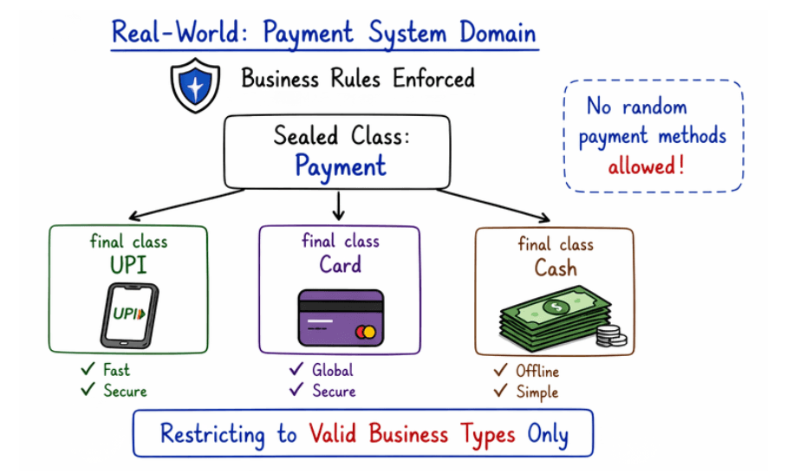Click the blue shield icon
coord(195,84)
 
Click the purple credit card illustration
coord(340,318)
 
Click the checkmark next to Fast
coord(88,369)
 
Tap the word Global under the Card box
coord(333,370)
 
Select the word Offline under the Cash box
coord(537,371)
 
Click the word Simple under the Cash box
coord(537,392)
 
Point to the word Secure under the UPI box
coord(126,391)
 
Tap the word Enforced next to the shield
coord(434,79)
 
